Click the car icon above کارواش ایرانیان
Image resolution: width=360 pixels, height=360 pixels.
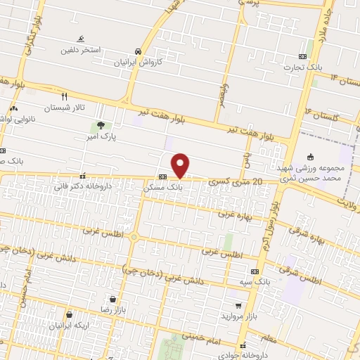tap(139, 51)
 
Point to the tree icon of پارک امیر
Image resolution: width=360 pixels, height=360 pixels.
tap(101, 127)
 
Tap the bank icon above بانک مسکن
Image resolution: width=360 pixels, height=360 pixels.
tap(162, 177)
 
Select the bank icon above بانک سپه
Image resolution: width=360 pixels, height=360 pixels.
tap(254, 271)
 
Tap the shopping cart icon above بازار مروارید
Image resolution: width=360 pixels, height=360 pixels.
tap(239, 306)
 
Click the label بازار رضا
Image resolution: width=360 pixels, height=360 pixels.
tap(112, 309)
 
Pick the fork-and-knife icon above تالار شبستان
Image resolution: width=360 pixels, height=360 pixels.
tap(64, 96)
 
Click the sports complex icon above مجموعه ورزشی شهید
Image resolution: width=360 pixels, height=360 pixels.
tap(311, 157)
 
